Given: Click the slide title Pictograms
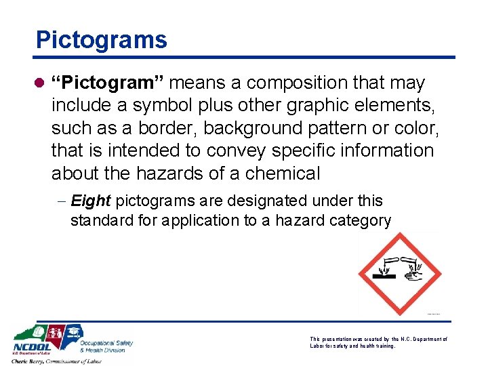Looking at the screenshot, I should click(x=101, y=40).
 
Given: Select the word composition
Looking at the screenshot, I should click(x=309, y=83).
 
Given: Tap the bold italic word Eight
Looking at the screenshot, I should click(x=91, y=201).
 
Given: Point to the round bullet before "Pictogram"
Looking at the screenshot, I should click(x=41, y=83).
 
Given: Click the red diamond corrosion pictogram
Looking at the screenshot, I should click(x=400, y=274).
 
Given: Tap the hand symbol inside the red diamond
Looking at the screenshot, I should click(x=413, y=275).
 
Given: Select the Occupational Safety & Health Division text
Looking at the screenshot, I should click(x=106, y=346).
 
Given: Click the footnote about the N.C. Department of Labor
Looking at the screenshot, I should click(x=378, y=342).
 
